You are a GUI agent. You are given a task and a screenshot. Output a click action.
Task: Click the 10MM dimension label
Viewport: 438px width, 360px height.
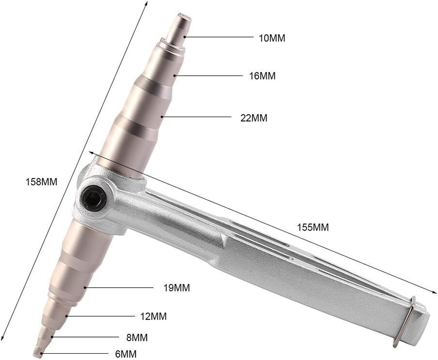click(272, 38)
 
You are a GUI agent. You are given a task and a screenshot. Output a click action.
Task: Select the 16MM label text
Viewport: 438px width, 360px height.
click(262, 76)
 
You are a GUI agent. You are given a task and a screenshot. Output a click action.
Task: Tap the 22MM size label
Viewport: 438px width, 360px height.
click(254, 118)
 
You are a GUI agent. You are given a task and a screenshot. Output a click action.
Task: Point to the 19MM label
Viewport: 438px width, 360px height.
click(176, 288)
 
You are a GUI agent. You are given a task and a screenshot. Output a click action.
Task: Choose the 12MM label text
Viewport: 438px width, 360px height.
click(153, 316)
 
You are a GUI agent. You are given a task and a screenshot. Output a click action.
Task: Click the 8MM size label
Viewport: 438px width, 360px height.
click(138, 337)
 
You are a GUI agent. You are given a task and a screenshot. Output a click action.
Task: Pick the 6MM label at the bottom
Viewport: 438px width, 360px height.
click(126, 354)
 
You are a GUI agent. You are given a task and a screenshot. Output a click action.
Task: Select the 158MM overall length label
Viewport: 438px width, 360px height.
click(42, 182)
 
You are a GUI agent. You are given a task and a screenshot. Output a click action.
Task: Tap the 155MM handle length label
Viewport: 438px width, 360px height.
click(313, 227)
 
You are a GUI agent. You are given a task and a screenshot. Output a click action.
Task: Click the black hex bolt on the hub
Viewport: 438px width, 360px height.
click(95, 197)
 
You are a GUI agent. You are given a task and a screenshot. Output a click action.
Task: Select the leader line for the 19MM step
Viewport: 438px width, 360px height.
click(119, 287)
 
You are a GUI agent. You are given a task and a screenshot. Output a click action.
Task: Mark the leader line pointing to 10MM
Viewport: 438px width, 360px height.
click(218, 37)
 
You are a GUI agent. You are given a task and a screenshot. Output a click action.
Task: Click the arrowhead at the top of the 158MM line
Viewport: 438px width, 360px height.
click(147, 3)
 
